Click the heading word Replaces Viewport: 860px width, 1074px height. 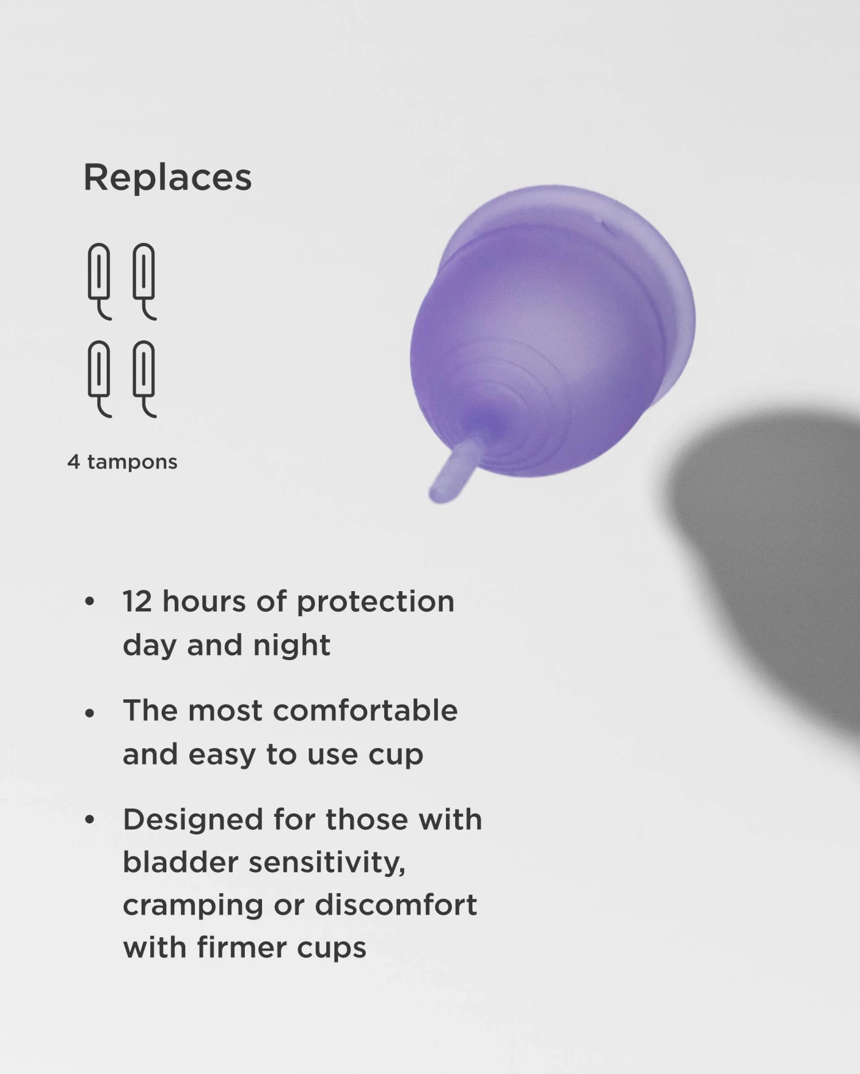[167, 177]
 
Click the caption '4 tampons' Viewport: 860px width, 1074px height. [122, 462]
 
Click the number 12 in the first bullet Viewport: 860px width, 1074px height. [137, 601]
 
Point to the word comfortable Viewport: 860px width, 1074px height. [365, 710]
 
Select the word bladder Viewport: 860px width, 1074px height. [180, 862]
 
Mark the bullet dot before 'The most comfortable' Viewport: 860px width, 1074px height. [89, 713]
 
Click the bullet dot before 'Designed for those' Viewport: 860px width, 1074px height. [89, 820]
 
